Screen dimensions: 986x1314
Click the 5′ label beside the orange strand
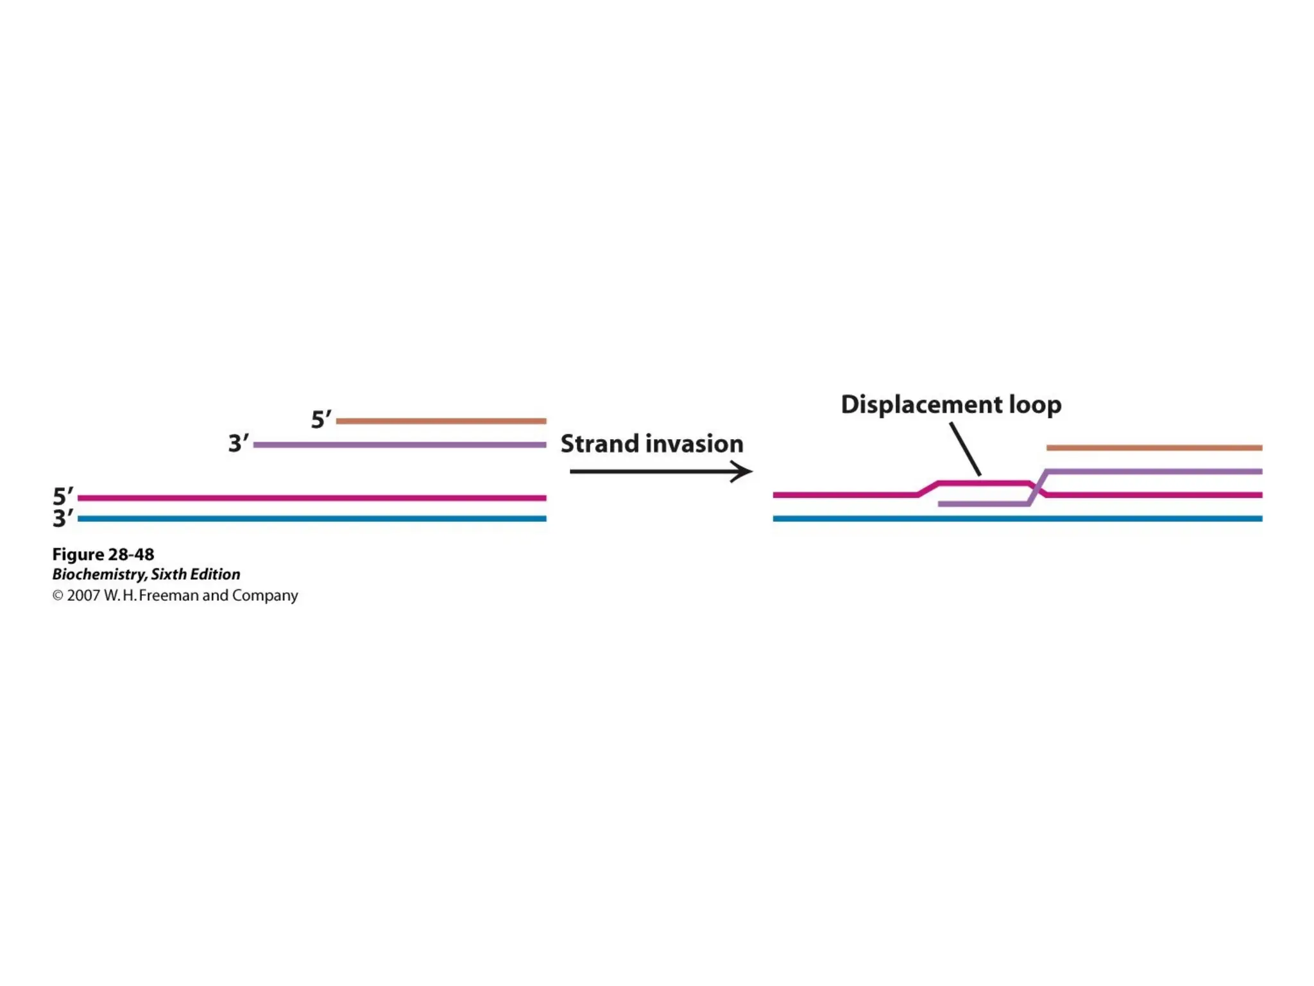[321, 420]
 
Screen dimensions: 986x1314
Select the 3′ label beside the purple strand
[238, 444]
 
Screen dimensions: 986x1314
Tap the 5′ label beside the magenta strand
[63, 496]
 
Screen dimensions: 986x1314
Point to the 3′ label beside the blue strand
[63, 518]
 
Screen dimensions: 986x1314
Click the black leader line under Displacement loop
[965, 449]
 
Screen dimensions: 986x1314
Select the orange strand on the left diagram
[441, 421]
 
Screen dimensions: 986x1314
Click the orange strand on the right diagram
[1154, 447]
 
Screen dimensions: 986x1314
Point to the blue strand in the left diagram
[312, 519]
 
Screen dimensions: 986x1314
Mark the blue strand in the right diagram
[1018, 519]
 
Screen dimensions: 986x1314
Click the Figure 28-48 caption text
[103, 554]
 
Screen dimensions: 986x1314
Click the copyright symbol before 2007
[58, 596]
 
